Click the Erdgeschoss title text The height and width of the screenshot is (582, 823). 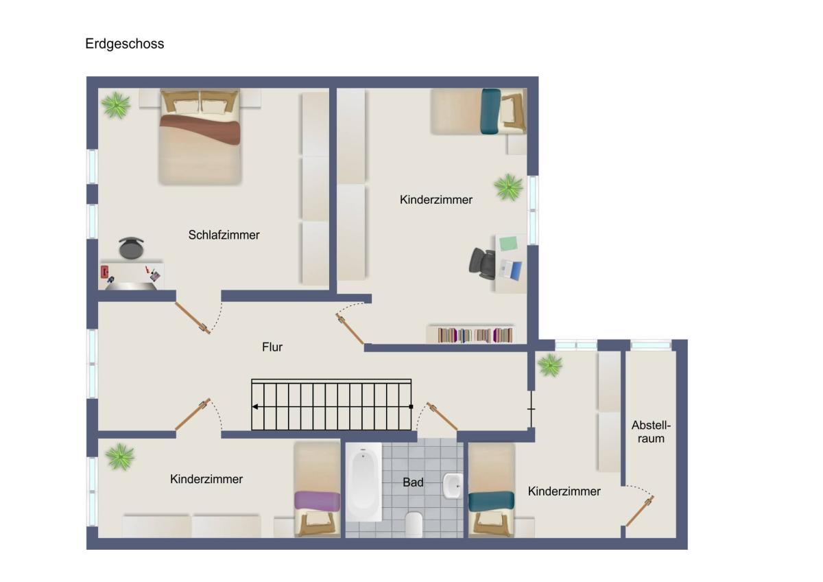click(125, 44)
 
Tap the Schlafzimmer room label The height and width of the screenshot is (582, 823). click(224, 235)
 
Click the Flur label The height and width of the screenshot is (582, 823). click(272, 347)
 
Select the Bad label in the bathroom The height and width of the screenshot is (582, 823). click(413, 482)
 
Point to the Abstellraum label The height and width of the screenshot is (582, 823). click(651, 432)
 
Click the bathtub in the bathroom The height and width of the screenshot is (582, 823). click(363, 482)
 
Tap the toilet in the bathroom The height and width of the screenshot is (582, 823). click(414, 524)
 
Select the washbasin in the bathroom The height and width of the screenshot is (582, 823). click(453, 486)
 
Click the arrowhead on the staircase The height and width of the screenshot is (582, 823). click(255, 406)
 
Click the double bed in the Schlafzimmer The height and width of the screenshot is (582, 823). click(200, 137)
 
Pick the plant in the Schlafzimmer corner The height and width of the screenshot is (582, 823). click(116, 106)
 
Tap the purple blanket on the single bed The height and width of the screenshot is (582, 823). click(317, 501)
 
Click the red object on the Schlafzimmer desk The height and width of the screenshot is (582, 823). click(105, 272)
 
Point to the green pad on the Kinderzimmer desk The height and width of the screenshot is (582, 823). click(508, 244)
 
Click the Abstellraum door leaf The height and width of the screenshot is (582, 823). click(640, 511)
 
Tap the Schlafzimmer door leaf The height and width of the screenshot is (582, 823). click(193, 318)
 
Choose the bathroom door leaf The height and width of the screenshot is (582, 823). click(442, 416)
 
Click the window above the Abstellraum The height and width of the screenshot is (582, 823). click(651, 345)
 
